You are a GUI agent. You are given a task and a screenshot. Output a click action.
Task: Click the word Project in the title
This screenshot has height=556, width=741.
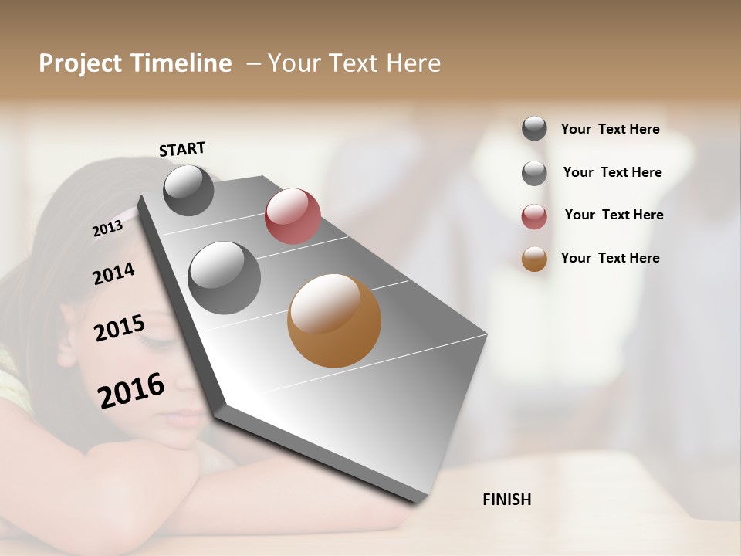click(80, 63)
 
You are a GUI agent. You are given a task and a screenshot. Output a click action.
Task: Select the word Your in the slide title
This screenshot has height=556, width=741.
click(293, 63)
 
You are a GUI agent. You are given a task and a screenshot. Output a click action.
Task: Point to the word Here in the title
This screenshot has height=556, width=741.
click(413, 63)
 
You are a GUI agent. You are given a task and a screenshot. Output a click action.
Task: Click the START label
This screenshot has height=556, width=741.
click(182, 149)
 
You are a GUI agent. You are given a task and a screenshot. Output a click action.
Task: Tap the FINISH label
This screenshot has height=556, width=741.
click(506, 500)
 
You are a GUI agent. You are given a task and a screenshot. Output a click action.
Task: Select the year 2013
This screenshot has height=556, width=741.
click(107, 229)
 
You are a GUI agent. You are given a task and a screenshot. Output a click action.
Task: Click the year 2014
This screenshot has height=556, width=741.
click(113, 273)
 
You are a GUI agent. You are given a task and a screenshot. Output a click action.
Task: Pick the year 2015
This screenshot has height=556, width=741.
click(120, 329)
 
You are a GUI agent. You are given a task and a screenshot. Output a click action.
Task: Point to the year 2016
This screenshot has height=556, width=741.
click(131, 391)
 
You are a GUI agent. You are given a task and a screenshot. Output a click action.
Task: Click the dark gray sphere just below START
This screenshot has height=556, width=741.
click(188, 190)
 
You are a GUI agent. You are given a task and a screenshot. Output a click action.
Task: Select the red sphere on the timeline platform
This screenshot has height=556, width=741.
click(293, 215)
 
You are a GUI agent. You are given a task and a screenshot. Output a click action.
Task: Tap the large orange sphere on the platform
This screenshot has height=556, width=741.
click(334, 320)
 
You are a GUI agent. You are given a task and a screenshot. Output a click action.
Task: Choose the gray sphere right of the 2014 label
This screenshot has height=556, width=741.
click(225, 278)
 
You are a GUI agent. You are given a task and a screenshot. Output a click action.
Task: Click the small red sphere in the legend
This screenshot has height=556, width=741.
click(534, 216)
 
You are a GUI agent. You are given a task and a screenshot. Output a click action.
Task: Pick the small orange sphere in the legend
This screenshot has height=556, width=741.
click(534, 259)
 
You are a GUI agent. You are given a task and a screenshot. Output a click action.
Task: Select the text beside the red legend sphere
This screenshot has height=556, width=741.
click(614, 215)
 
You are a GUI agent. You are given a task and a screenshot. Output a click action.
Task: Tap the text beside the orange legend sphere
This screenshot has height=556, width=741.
click(610, 258)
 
